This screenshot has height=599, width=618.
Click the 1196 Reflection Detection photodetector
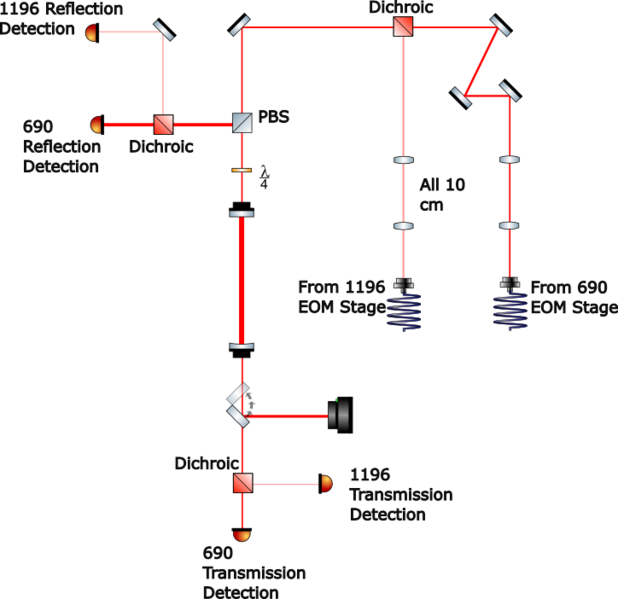[92, 32]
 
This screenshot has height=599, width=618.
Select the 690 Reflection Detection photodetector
[97, 125]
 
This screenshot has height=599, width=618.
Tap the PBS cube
[242, 123]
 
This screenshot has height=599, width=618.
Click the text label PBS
[273, 117]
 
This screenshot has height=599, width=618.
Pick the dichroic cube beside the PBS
[163, 124]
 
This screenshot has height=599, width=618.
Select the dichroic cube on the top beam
[402, 27]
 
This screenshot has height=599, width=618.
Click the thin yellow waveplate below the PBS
[242, 171]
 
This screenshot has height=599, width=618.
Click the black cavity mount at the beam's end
[340, 414]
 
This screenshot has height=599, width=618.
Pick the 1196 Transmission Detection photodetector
[325, 483]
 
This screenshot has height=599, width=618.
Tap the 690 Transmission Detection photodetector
[242, 535]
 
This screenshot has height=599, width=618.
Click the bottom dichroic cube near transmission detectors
[242, 483]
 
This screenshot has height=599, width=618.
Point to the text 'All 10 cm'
[442, 194]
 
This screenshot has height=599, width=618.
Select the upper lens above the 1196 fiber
[403, 160]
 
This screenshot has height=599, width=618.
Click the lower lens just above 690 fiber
[509, 226]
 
